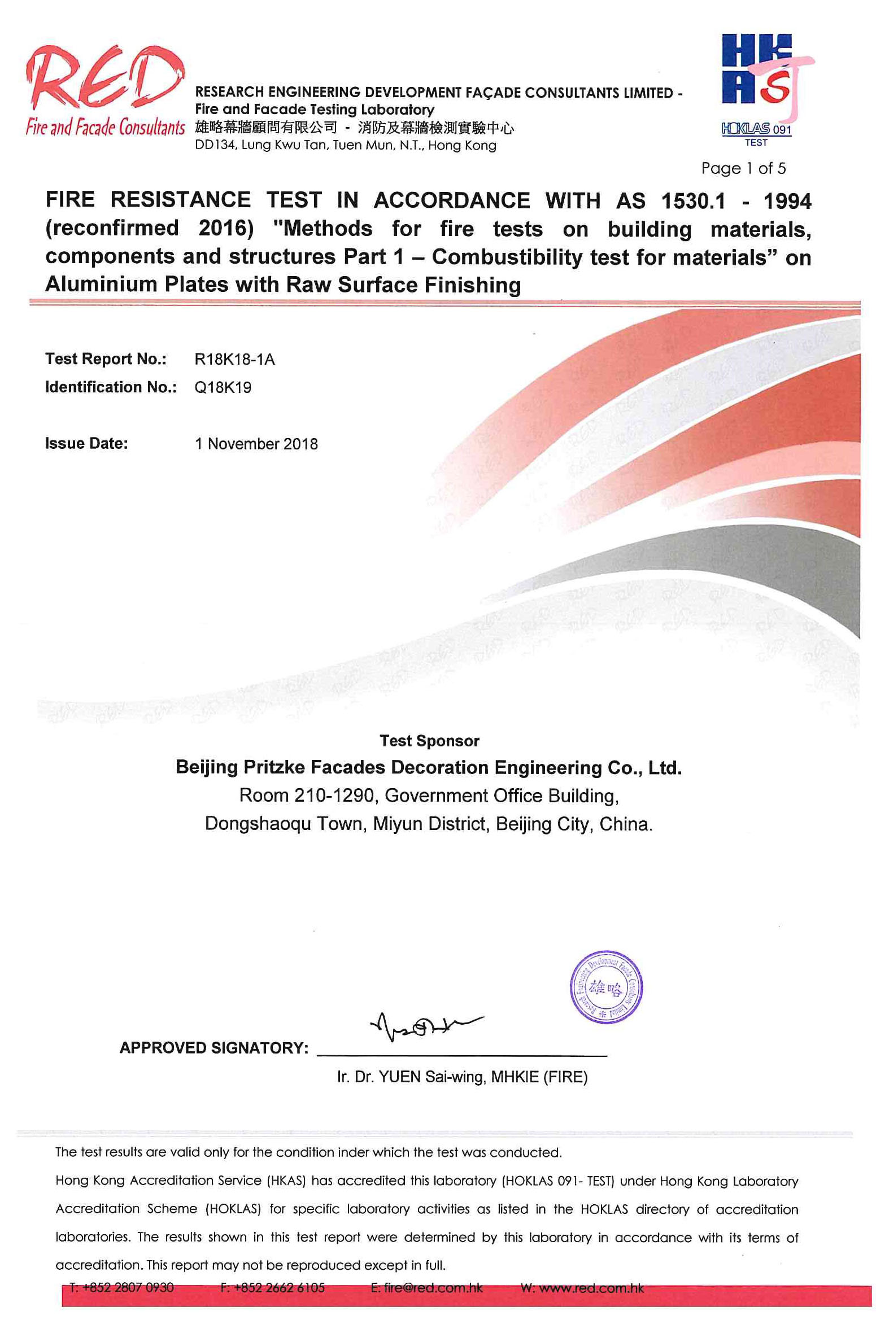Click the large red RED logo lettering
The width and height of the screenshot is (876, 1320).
click(x=104, y=79)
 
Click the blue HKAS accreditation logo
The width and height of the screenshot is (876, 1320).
click(x=757, y=71)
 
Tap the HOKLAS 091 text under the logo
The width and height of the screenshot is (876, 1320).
click(x=756, y=129)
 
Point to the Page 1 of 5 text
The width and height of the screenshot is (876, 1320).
click(x=743, y=168)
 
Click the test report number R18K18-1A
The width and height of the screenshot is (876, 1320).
click(x=234, y=360)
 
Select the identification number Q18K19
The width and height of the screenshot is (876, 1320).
click(x=223, y=388)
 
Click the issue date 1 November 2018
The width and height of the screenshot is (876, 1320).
click(x=256, y=444)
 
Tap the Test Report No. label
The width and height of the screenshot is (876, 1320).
click(x=106, y=359)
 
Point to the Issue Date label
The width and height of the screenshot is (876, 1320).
click(x=86, y=444)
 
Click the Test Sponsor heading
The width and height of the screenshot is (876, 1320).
click(x=429, y=741)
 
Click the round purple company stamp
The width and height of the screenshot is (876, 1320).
click(x=605, y=987)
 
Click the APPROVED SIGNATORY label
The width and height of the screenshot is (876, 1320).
click(x=214, y=1048)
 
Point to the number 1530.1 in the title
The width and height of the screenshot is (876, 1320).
click(x=693, y=201)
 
